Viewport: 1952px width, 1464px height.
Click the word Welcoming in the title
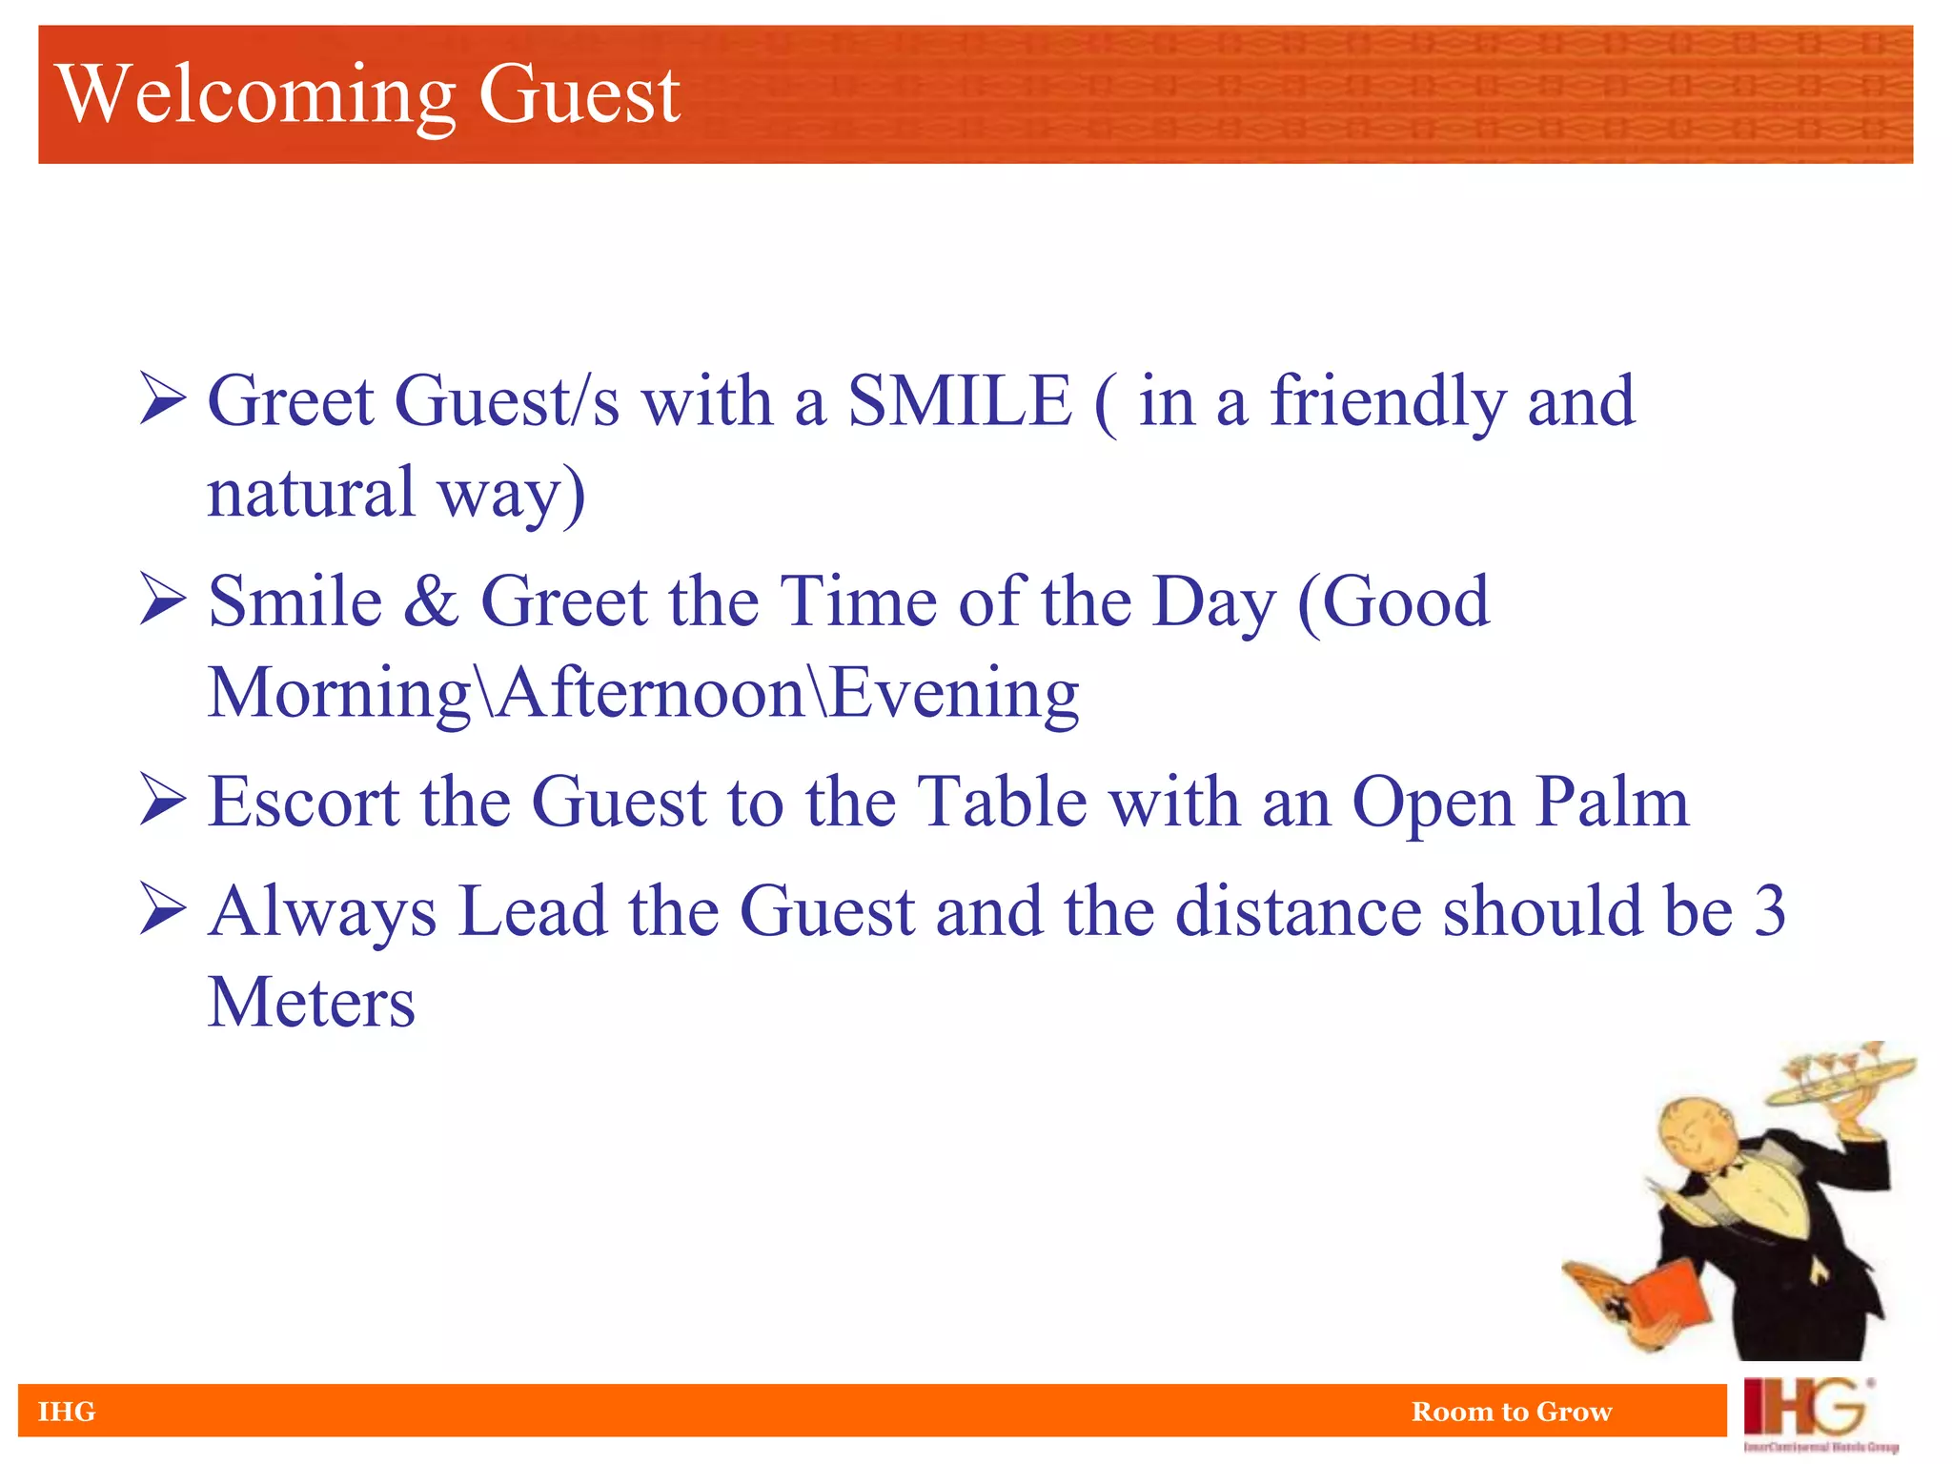[255, 93]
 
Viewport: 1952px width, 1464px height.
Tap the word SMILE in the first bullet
[960, 401]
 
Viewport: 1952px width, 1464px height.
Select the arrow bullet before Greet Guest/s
[162, 399]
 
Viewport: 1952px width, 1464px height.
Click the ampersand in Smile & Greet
[431, 602]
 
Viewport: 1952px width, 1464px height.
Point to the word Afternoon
[652, 693]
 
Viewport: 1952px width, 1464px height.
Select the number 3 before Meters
[1768, 911]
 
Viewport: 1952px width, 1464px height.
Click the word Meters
[312, 1003]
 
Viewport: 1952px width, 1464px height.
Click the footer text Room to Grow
[1511, 1412]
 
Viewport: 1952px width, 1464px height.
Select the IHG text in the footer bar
[67, 1412]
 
